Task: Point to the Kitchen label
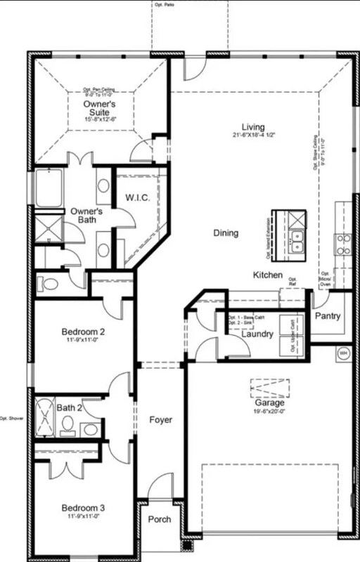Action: click(x=268, y=275)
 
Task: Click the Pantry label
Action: click(x=327, y=316)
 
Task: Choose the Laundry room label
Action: click(x=257, y=334)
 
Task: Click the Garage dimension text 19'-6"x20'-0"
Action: click(x=270, y=412)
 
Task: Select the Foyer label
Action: click(x=161, y=420)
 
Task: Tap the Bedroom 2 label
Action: click(x=83, y=332)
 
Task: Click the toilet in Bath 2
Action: click(x=68, y=424)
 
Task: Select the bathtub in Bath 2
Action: click(x=45, y=419)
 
